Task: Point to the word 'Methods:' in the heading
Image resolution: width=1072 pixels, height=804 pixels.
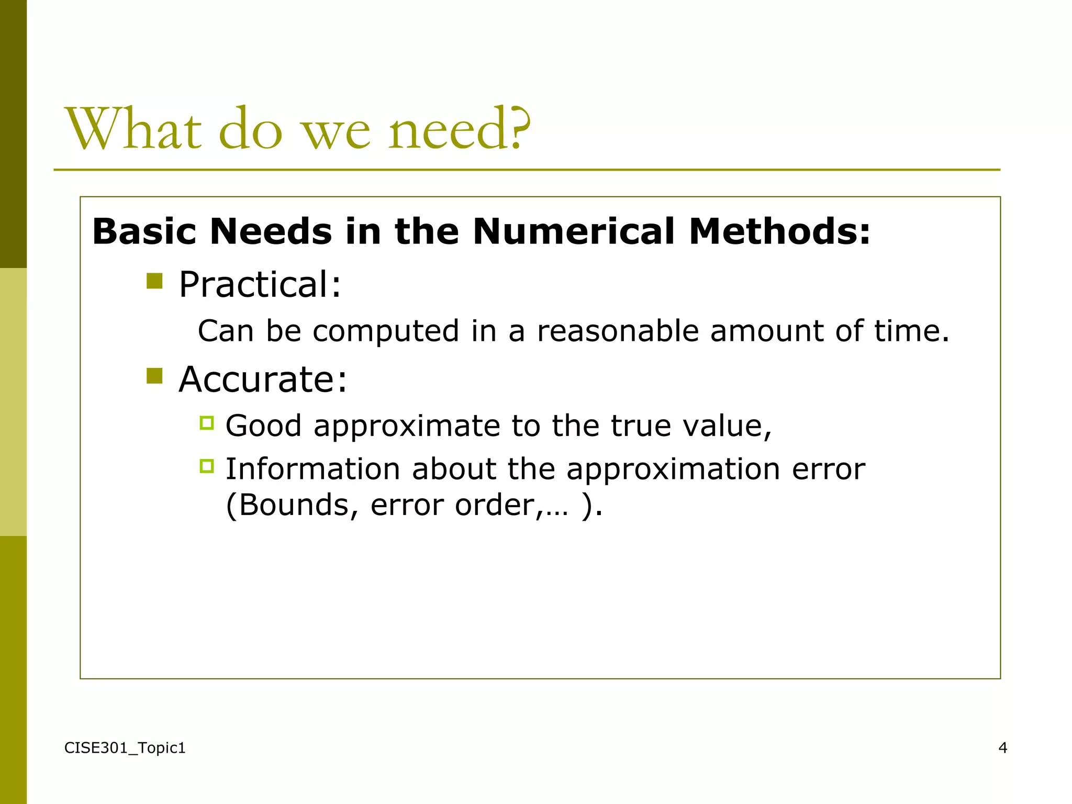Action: (779, 231)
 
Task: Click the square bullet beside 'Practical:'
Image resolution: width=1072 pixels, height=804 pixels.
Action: (154, 281)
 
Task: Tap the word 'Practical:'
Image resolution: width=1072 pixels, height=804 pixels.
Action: (260, 285)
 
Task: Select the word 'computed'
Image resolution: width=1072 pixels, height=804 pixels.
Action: (386, 332)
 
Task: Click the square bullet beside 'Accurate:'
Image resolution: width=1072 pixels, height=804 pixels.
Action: (154, 376)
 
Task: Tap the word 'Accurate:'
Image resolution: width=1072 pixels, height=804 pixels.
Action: (263, 379)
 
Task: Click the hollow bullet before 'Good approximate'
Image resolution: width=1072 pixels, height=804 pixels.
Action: (207, 422)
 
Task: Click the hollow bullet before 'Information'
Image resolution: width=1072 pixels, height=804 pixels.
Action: (207, 466)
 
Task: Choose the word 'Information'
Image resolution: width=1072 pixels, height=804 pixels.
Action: (312, 469)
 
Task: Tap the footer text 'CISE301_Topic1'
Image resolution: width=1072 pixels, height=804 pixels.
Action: (125, 749)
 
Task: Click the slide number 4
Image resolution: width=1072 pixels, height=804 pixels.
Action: (1002, 748)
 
